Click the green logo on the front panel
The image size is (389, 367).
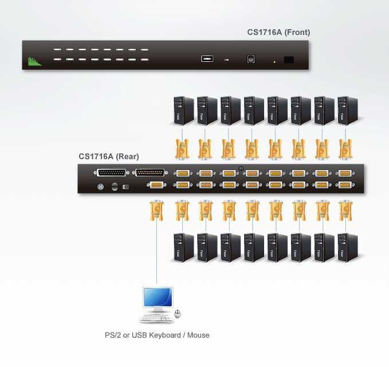[x=36, y=60]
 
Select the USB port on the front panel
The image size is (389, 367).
[x=207, y=58]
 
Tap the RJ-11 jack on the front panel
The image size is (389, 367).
[x=250, y=58]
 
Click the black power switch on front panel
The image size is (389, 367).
[x=289, y=60]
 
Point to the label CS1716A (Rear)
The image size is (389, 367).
[x=109, y=156]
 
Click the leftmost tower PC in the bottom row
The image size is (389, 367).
[x=183, y=247]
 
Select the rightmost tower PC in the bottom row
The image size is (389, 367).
[x=347, y=247]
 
